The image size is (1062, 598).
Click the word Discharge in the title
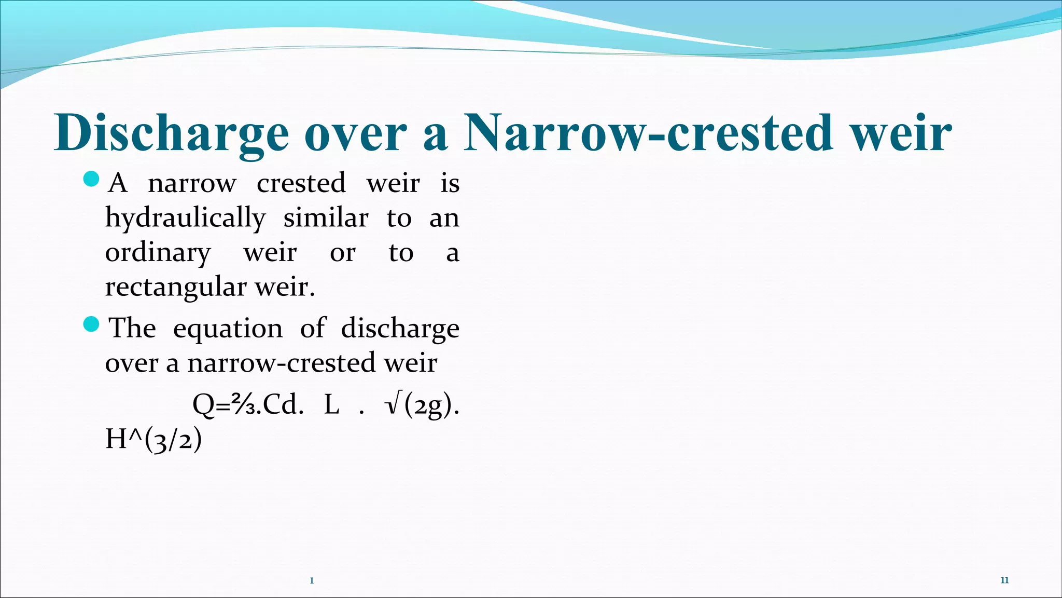tap(171, 134)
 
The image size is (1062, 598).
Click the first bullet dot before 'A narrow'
tap(91, 180)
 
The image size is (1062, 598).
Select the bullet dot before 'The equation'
tap(91, 325)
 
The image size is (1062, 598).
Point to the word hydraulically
tap(185, 219)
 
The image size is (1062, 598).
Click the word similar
tap(326, 218)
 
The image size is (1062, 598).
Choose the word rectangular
tap(175, 288)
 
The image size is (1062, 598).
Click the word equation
tap(228, 329)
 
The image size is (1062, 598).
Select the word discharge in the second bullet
tap(400, 329)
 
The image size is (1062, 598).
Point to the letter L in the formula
tap(332, 405)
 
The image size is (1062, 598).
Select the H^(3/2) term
tap(153, 440)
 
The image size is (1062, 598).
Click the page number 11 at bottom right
tap(1004, 580)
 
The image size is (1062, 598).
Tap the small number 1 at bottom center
tap(312, 581)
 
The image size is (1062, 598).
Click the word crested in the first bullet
tap(301, 183)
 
